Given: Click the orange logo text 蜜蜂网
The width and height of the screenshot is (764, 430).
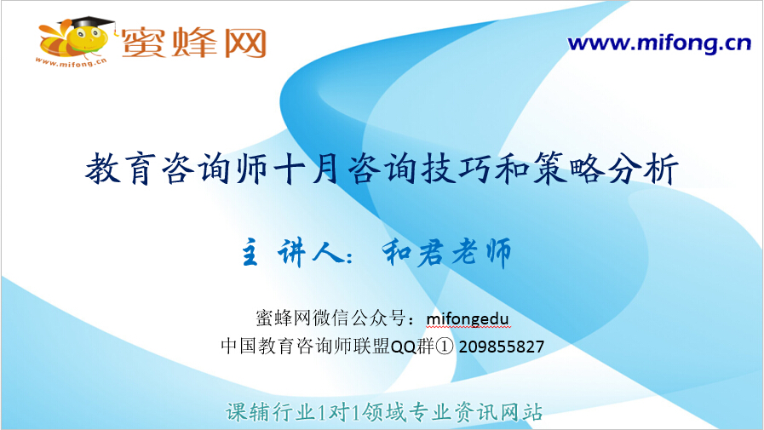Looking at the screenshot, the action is click(194, 43).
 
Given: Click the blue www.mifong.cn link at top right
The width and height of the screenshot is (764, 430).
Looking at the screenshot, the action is click(659, 43).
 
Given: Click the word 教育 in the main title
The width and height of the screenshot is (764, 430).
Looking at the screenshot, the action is click(121, 169).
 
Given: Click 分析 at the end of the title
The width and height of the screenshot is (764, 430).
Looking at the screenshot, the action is click(643, 169).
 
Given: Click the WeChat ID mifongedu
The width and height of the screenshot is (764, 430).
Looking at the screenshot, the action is click(468, 319).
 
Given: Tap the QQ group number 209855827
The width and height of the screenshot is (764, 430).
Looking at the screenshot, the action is click(502, 347).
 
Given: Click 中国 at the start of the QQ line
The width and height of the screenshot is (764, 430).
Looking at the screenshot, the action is click(238, 347).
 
